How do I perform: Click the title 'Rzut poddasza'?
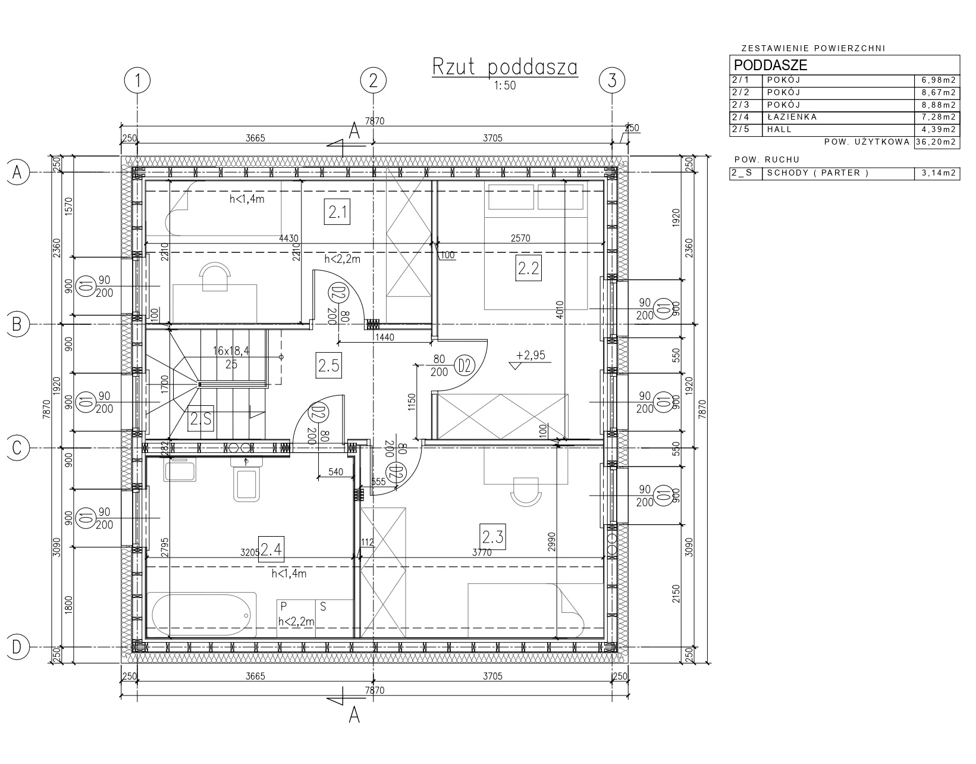pos(505,67)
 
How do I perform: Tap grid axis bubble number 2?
pos(374,80)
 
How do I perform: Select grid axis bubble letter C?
pos(17,448)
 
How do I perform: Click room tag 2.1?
pos(337,212)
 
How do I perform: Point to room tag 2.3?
pos(492,537)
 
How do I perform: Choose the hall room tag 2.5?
pos(328,365)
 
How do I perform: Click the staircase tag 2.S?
pos(200,419)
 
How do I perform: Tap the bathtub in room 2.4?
pos(202,615)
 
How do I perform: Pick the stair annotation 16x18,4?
pos(231,351)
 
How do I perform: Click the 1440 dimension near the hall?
pos(384,337)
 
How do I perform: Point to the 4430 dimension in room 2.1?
pos(289,238)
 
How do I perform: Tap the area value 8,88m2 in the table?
pos(939,105)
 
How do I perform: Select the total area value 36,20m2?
pos(937,142)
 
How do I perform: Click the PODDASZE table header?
pos(770,65)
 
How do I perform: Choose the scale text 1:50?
pos(505,85)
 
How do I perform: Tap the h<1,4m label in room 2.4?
pos(289,574)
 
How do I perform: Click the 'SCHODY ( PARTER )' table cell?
pos(818,173)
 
